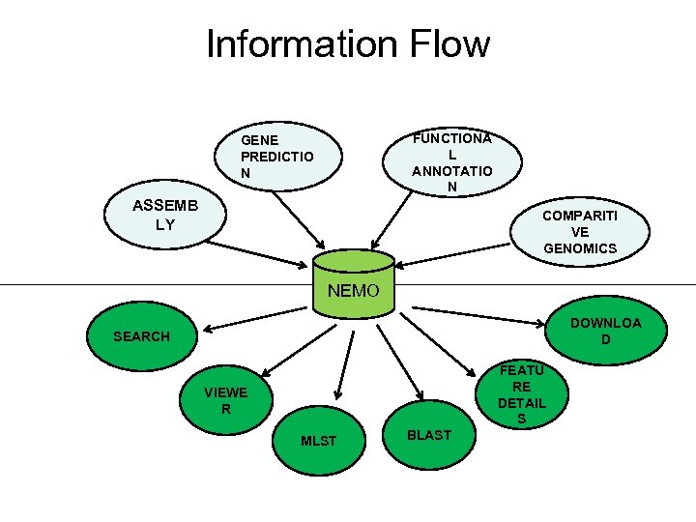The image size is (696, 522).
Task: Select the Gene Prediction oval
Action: point(277,155)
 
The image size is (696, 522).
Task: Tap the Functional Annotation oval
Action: point(451,160)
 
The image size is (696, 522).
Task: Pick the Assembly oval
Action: point(165,215)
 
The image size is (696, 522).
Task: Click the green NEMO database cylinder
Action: point(354,281)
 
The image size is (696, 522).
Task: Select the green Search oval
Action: point(141,336)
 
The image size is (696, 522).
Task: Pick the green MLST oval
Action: point(319,441)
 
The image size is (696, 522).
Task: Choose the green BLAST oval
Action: point(429,435)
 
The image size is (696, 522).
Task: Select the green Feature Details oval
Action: point(522,394)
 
